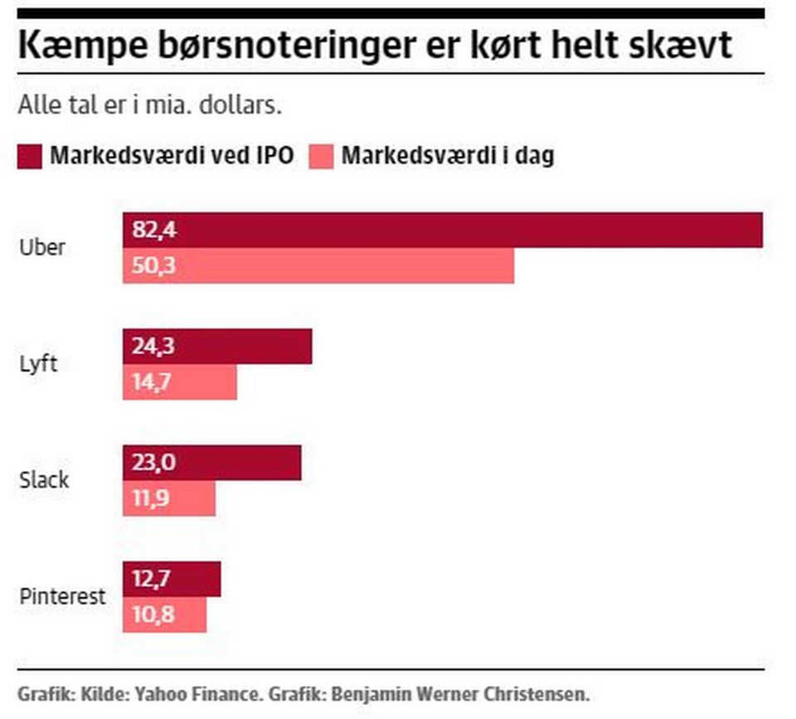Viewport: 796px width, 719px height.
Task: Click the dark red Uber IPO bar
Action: pos(443,231)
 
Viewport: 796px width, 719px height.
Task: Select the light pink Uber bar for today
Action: pos(318,266)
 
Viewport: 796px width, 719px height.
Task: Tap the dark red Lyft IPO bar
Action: pos(217,347)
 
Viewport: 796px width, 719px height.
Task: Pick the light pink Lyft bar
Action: pos(180,382)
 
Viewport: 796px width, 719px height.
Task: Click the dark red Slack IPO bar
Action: pos(212,463)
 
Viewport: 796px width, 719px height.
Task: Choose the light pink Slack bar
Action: pos(169,498)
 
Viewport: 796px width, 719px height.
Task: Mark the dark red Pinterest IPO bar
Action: pos(172,579)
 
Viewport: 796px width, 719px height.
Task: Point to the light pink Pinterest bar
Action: pos(165,615)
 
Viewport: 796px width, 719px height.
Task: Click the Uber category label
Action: pos(41,247)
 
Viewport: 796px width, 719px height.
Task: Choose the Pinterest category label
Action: pos(62,596)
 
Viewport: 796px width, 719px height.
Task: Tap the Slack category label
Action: pos(44,480)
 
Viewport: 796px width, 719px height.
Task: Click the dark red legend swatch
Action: pos(29,156)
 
